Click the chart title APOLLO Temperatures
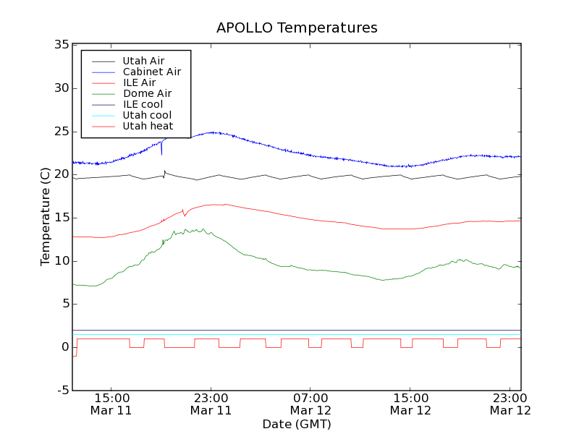coord(297,28)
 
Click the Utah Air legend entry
coord(143,61)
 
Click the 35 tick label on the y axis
coord(61,45)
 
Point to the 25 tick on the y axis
coord(61,132)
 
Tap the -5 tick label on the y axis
coord(62,391)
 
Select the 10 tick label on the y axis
coord(61,261)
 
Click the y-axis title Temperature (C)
coord(46,217)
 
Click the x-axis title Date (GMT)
coord(297,424)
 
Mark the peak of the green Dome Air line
coord(186,229)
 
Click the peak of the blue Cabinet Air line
coord(212,132)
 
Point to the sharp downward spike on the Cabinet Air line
coord(161,153)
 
